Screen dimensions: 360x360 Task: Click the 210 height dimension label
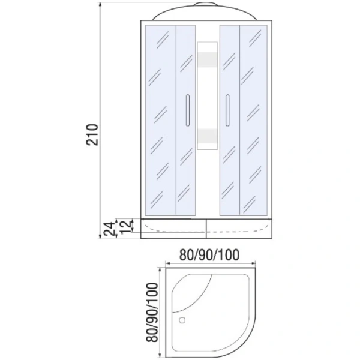click(92, 135)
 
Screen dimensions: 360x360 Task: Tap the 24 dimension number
click(109, 229)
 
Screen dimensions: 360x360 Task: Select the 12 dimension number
click(127, 227)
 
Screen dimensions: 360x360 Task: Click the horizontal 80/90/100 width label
click(209, 255)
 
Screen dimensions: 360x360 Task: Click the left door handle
click(188, 110)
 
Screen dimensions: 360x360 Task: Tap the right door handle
click(227, 110)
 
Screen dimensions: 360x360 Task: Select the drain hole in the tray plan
click(182, 320)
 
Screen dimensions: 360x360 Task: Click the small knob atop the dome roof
click(205, 4)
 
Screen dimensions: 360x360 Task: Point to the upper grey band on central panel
click(208, 60)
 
